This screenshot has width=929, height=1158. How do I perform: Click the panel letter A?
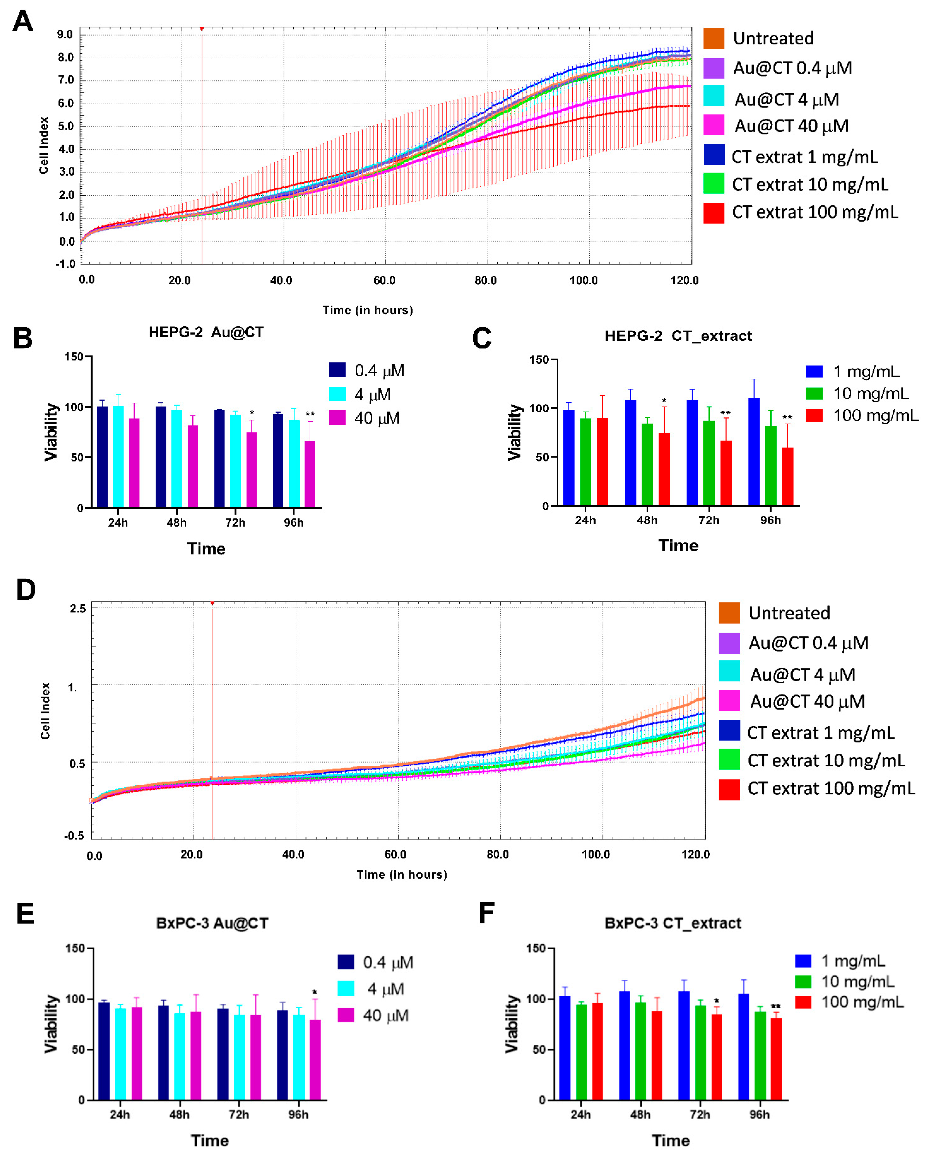pyautogui.click(x=23, y=22)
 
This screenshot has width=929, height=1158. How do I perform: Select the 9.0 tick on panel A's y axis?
pyautogui.click(x=65, y=34)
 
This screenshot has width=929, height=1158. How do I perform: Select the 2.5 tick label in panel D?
pyautogui.click(x=77, y=609)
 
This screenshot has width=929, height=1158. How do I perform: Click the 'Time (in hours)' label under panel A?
pyautogui.click(x=367, y=310)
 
